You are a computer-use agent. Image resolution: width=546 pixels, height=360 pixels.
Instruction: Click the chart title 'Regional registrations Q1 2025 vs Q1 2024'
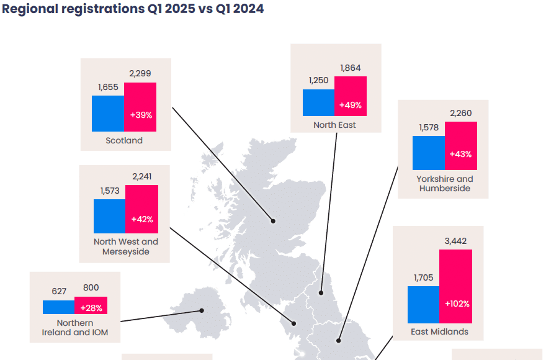click(x=133, y=9)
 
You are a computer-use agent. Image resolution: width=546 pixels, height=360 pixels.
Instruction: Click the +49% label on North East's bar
click(x=351, y=105)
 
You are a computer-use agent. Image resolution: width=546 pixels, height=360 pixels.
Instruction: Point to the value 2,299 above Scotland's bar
click(x=140, y=73)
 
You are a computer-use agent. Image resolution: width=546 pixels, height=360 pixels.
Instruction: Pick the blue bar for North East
click(x=318, y=102)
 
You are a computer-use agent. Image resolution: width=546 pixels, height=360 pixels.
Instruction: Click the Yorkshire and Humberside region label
click(x=444, y=184)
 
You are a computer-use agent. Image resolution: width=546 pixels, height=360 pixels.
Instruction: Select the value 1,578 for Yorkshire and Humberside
click(x=429, y=127)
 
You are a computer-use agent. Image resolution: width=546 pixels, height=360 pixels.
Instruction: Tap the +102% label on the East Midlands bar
click(x=457, y=304)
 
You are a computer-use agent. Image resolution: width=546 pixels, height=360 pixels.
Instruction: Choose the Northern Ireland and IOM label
click(x=75, y=328)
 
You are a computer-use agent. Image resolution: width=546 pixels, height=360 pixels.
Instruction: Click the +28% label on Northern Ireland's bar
click(x=91, y=308)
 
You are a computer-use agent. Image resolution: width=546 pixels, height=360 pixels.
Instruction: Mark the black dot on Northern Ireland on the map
click(x=202, y=310)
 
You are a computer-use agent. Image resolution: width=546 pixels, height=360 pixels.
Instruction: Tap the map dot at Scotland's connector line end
click(x=272, y=220)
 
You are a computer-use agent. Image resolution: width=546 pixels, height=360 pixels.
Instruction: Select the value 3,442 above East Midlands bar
click(x=455, y=241)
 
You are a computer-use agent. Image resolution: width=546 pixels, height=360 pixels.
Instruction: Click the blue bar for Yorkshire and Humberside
click(x=429, y=153)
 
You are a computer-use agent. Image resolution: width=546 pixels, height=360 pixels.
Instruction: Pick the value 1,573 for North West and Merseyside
click(x=109, y=191)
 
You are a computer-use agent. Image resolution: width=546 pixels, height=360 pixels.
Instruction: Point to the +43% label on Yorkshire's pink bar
click(x=461, y=154)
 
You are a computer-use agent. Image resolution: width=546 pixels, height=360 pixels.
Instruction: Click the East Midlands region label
click(x=439, y=332)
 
